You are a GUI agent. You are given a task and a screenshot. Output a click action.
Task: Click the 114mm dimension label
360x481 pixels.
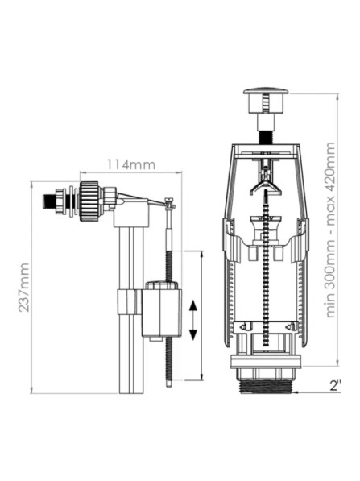point(131,164)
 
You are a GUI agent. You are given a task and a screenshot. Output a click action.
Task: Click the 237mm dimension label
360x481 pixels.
point(24,288)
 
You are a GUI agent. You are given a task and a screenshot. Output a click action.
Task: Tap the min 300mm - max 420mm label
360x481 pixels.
point(330,230)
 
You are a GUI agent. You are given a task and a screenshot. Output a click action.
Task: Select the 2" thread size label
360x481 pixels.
point(336,385)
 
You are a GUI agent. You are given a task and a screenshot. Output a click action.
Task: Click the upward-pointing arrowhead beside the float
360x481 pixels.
point(192,306)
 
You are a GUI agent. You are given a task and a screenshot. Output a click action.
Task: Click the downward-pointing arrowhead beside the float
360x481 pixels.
point(192,334)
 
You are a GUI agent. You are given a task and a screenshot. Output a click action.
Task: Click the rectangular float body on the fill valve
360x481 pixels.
point(162,312)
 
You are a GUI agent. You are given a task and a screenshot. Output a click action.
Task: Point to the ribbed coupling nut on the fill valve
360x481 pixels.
point(89,201)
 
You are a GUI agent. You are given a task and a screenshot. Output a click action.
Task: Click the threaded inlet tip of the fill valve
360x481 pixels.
point(49,201)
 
